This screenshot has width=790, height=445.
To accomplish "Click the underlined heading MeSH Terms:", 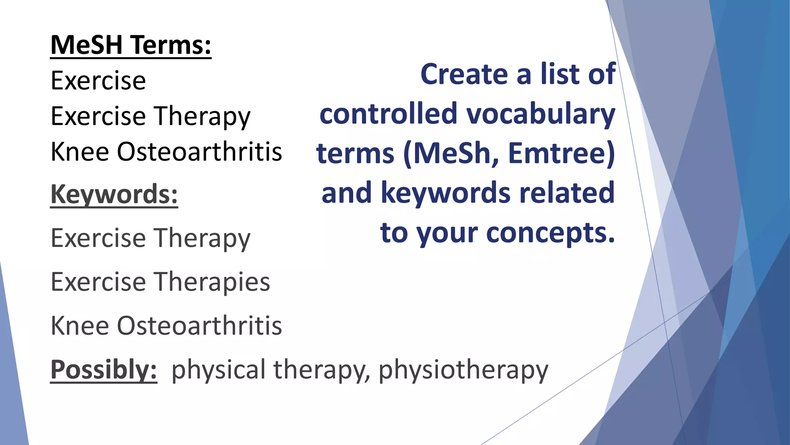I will [x=131, y=45].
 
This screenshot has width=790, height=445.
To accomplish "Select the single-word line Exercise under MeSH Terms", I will [x=98, y=81].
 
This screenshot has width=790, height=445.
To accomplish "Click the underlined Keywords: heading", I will [x=114, y=194].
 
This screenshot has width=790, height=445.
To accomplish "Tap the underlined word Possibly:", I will [x=104, y=370].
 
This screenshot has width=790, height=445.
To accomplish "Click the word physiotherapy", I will [x=463, y=370].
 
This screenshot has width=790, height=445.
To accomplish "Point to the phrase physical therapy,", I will [x=270, y=370].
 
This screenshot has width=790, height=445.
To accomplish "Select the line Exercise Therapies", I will [x=160, y=282].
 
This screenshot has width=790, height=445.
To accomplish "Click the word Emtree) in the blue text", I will [x=561, y=153].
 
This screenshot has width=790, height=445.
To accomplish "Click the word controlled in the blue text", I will [x=388, y=114].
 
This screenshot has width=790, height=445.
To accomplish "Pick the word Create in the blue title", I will [x=464, y=74].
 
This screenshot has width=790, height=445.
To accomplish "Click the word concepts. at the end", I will [x=550, y=233].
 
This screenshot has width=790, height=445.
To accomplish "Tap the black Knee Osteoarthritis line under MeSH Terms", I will [x=166, y=151].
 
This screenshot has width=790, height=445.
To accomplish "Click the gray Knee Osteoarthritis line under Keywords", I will [x=166, y=326].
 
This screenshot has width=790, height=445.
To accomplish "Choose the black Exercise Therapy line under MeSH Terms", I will [x=150, y=116].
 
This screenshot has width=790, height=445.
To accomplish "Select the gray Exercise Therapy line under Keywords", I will [x=150, y=238].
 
